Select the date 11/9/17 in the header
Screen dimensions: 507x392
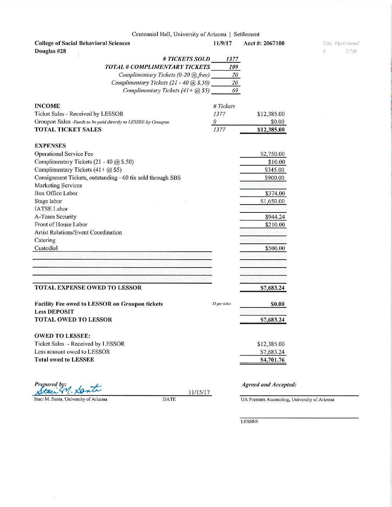(222, 44)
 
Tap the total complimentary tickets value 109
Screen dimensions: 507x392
(233, 67)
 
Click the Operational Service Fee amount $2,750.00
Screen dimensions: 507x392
(272, 154)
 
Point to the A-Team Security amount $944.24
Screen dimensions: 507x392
(275, 217)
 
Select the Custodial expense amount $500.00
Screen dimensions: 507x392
(275, 248)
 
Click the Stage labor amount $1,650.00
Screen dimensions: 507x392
(272, 201)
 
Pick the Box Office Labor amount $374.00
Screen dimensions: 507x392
(275, 193)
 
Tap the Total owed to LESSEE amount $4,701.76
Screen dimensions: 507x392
(272, 360)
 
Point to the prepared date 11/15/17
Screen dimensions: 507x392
(199, 392)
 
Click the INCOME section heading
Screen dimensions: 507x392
(47, 106)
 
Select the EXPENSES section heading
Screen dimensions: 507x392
(50, 146)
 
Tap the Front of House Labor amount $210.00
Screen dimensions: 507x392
(275, 225)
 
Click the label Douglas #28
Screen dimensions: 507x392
(50, 51)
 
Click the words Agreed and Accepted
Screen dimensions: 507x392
(269, 385)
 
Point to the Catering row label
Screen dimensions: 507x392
(45, 240)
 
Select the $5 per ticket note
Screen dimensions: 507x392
(222, 304)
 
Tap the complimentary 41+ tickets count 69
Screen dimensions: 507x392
(235, 91)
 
